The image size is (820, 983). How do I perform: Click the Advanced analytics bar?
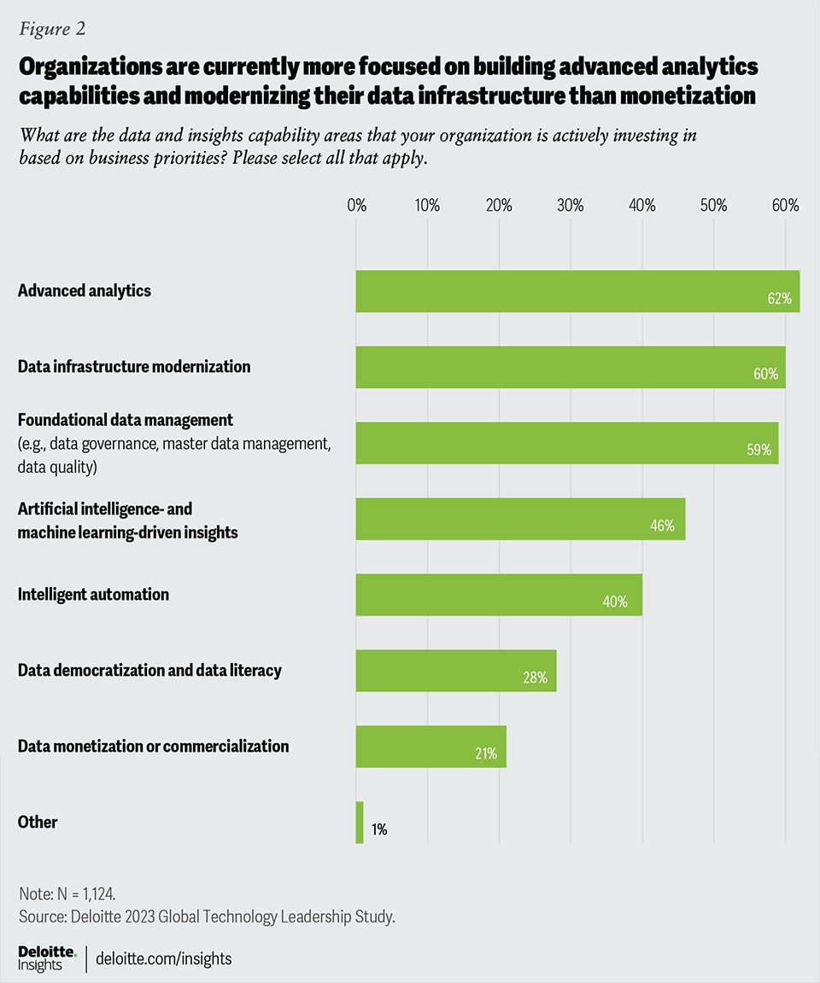click(577, 291)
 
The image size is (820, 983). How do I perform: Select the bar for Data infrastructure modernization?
click(571, 367)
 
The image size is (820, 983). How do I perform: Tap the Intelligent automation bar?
click(499, 595)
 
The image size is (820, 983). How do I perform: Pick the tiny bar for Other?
click(360, 823)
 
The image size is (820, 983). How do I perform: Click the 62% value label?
click(780, 299)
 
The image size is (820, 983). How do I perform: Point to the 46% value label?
click(662, 526)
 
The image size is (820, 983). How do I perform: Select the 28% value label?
click(535, 678)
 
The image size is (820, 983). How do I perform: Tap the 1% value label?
click(378, 829)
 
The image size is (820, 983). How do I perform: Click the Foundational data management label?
click(126, 420)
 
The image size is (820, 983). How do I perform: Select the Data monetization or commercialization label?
click(154, 747)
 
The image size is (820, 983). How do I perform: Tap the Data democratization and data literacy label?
click(149, 671)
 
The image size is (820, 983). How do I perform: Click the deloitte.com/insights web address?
click(164, 959)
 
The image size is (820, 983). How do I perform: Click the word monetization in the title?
click(672, 96)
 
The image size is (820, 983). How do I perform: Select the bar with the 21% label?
click(431, 747)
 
